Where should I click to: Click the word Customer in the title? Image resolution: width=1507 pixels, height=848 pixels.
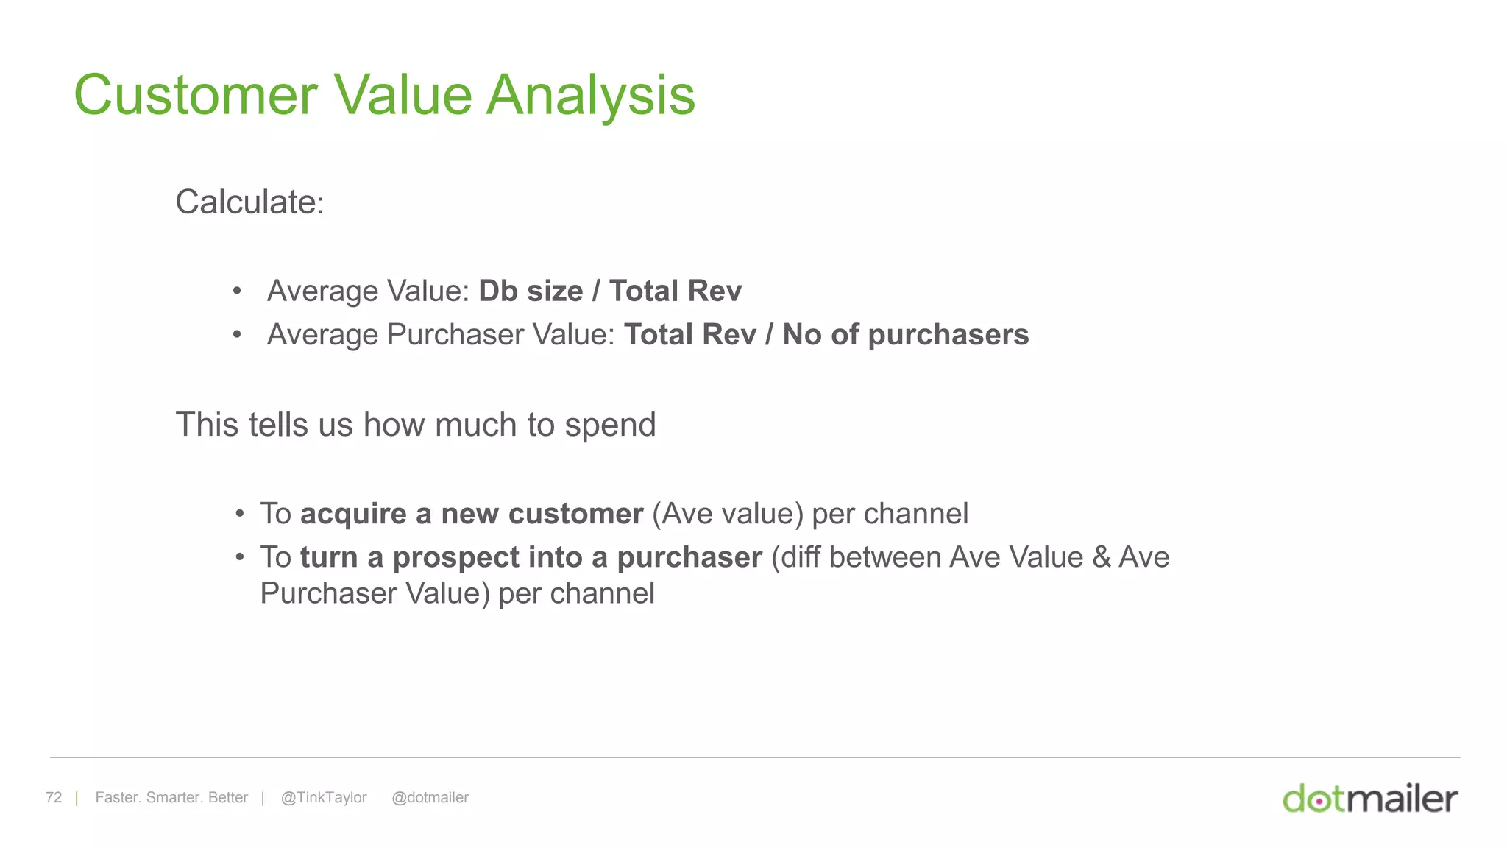196,96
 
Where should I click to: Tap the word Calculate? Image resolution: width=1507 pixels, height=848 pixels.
247,202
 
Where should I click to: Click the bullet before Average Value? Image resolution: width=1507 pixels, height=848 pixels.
237,291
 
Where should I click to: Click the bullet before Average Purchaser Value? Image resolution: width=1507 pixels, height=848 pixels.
237,335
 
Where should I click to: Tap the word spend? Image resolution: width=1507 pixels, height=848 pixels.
610,425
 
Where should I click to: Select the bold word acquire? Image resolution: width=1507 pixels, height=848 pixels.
353,515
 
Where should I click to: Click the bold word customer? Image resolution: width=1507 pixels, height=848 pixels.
575,514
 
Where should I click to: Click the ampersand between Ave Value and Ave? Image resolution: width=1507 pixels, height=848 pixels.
1101,558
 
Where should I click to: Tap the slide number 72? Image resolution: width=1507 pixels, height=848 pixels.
54,798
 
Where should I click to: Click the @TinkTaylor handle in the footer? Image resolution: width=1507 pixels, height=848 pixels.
324,798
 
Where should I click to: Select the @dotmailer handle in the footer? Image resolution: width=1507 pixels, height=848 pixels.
430,798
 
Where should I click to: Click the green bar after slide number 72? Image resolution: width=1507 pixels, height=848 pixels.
77,799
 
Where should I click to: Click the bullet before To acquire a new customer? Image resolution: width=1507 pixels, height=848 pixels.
240,514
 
